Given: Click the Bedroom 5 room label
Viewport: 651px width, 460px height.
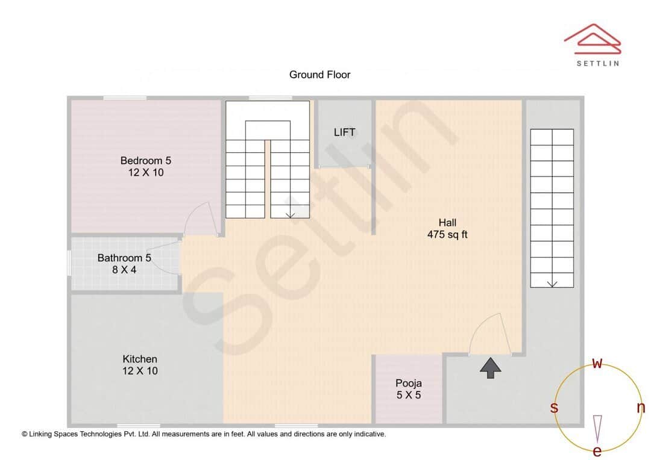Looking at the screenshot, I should coord(146,161).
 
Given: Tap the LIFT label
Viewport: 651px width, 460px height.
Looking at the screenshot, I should coord(345,132).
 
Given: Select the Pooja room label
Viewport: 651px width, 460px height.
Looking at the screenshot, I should coord(409,383).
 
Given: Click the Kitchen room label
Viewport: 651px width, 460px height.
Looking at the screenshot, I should coord(140,359).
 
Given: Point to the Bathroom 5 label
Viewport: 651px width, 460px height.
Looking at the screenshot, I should coord(124,258).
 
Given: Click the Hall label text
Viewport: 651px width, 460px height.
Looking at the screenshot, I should coord(447,223).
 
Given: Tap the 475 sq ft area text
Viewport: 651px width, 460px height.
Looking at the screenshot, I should coord(447,235).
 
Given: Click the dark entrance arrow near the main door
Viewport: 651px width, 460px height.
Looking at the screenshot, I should coord(491,367).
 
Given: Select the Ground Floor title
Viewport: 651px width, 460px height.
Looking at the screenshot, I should coord(319,75).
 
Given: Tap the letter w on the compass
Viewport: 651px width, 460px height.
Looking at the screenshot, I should coord(597,363).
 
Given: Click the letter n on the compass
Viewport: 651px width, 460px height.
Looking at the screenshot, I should coord(641,408).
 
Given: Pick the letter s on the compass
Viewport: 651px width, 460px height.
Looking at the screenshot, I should coord(554,408).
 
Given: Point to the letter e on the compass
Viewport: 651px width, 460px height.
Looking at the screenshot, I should coord(597,451).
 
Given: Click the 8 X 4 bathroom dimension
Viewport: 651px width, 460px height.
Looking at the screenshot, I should coord(125,270).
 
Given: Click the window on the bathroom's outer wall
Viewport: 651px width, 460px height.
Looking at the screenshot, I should coord(69,263).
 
